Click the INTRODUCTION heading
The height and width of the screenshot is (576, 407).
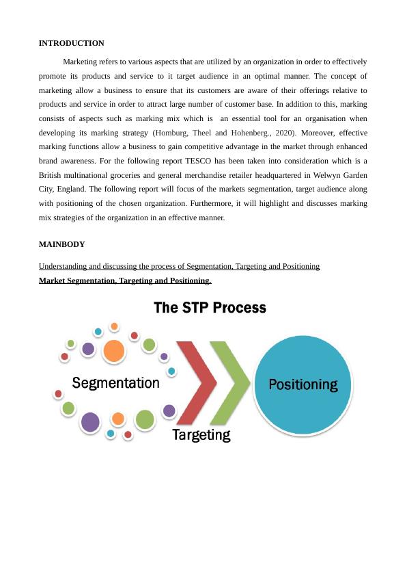(x=71, y=43)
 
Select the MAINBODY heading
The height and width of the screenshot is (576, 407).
(x=61, y=244)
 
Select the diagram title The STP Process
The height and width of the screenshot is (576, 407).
(x=210, y=308)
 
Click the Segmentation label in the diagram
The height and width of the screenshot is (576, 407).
(x=116, y=383)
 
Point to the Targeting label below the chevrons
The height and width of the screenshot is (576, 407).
(x=201, y=434)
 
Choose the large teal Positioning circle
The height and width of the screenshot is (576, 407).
(x=303, y=384)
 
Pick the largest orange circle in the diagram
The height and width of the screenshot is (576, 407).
(x=114, y=351)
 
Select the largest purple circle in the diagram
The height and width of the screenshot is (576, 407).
(x=90, y=421)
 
